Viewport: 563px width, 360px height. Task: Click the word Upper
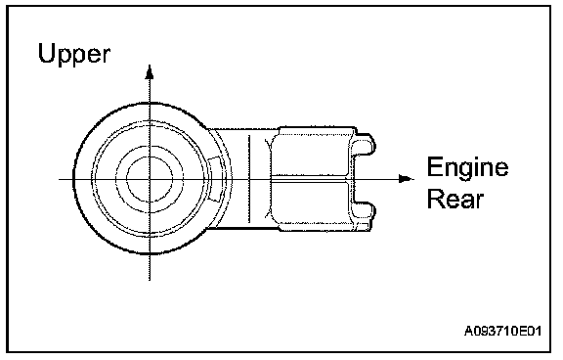coord(74,55)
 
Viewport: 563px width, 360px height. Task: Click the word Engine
coord(467,167)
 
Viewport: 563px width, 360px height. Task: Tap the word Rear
coord(455,199)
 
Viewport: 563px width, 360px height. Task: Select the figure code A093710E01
coord(502,331)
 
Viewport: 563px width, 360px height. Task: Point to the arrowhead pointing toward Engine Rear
coord(407,179)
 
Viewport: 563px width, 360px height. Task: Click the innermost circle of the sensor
coord(150,179)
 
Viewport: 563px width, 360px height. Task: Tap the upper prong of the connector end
coord(364,145)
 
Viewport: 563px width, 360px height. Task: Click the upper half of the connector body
coord(310,152)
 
